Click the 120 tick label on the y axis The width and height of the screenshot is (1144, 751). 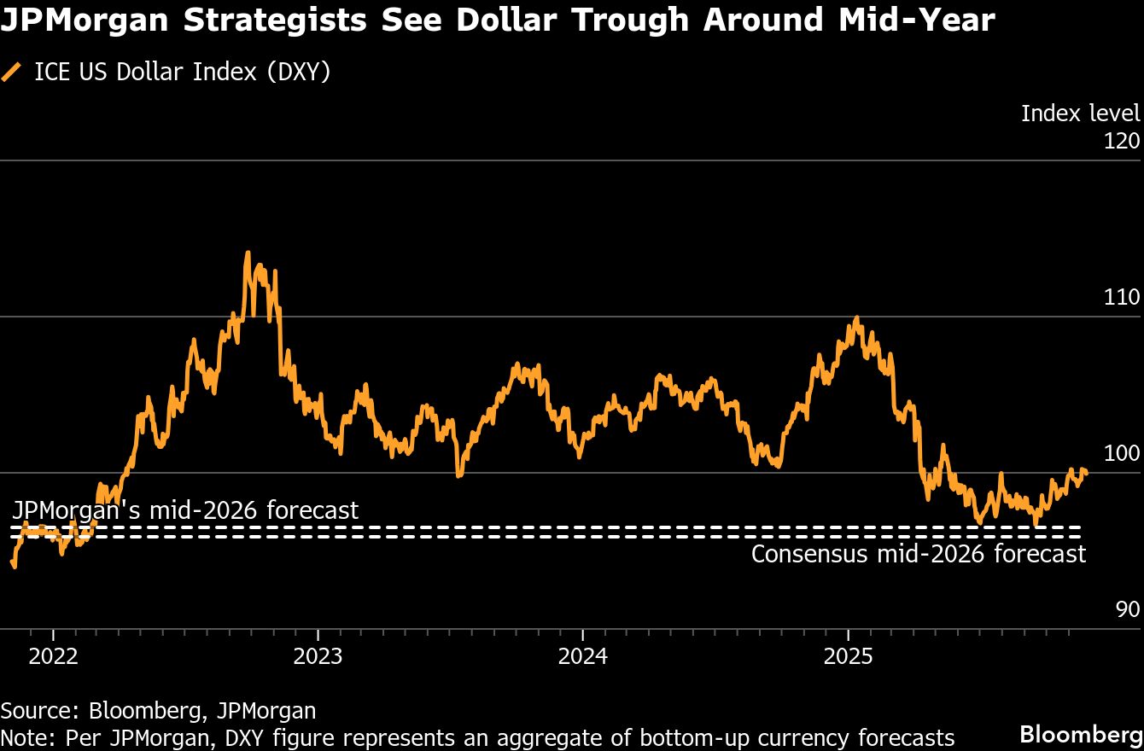tap(1122, 140)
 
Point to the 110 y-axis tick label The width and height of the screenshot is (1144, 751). tap(1122, 297)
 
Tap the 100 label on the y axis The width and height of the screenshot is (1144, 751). tap(1122, 453)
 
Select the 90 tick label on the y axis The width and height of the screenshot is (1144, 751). tap(1127, 609)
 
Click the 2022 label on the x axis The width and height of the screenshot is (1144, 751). tap(53, 657)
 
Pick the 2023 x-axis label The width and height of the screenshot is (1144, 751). tap(318, 657)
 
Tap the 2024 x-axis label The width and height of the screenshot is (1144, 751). tap(582, 657)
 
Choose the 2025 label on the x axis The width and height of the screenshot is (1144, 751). tap(847, 657)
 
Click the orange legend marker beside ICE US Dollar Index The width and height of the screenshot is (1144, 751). tap(12, 73)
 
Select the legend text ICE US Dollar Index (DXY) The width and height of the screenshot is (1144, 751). tap(182, 73)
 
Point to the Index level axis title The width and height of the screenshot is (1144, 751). tap(1080, 113)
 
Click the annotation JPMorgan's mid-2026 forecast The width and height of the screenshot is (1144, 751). tap(185, 510)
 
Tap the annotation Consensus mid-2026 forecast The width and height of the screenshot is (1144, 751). tap(919, 554)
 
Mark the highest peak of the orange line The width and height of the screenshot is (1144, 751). tap(248, 253)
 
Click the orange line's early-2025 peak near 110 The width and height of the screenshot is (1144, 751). tap(856, 319)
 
